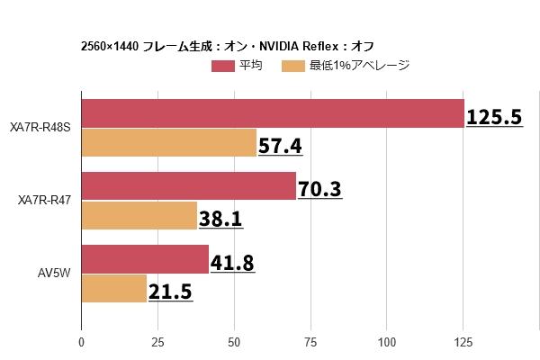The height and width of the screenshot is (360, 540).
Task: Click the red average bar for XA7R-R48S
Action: click(x=273, y=113)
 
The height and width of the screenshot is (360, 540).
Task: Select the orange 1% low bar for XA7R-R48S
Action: click(x=169, y=143)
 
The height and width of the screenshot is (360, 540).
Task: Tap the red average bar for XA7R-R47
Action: click(x=188, y=186)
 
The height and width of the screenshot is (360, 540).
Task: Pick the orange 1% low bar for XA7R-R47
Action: click(x=139, y=215)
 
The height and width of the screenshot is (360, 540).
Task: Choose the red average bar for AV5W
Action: click(x=145, y=259)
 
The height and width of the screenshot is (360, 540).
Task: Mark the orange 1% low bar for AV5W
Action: click(x=114, y=288)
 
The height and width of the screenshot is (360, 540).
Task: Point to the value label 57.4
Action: click(x=280, y=145)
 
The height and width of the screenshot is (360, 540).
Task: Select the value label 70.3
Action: click(x=319, y=189)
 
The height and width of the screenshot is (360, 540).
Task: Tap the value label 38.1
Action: click(x=220, y=218)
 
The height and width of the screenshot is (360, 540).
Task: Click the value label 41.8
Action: click(x=232, y=262)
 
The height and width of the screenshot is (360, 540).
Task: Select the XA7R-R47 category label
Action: click(x=45, y=201)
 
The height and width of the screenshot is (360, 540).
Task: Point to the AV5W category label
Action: click(x=54, y=274)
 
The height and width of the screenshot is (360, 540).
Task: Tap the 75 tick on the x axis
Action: click(x=310, y=342)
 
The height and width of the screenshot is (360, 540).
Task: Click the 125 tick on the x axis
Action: click(x=463, y=342)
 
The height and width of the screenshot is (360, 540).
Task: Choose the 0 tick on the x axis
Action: click(x=81, y=342)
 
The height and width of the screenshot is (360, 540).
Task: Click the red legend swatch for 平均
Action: click(x=223, y=66)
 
